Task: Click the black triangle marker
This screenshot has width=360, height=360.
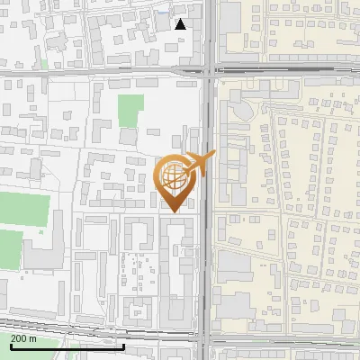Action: tap(181, 24)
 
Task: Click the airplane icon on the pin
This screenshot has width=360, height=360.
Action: tap(199, 164)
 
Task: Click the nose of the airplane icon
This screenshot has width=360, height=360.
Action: tap(214, 155)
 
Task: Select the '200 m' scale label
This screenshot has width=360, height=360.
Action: tap(24, 338)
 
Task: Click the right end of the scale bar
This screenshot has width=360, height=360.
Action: tap(124, 346)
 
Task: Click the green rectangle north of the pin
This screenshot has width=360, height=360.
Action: tap(131, 112)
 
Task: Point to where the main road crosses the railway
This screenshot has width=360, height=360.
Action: tap(208, 343)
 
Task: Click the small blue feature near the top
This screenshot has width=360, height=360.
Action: tap(162, 14)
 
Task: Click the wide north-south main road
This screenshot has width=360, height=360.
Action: tap(208, 225)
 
